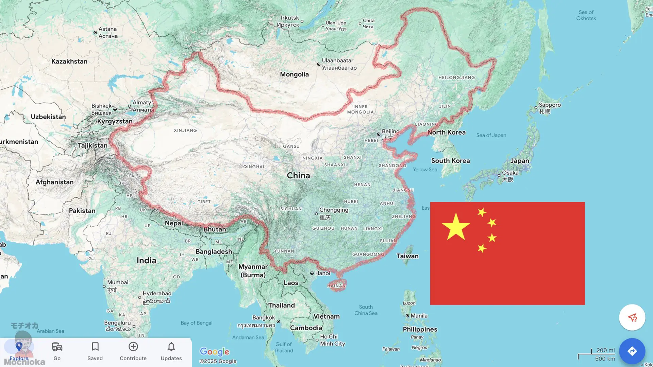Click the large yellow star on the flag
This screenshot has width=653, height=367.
click(456, 227)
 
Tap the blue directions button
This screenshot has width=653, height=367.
click(632, 351)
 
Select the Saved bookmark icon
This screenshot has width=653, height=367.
click(95, 347)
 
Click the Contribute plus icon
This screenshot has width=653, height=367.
click(133, 347)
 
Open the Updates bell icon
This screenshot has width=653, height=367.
click(171, 347)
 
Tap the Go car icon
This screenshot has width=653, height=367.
click(57, 347)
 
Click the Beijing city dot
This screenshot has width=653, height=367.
click(379, 134)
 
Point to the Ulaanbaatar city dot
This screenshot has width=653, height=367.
click(319, 64)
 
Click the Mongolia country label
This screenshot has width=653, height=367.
click(294, 74)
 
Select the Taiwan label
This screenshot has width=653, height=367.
click(407, 256)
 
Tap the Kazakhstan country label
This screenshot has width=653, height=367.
click(69, 62)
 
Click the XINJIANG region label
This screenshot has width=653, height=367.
click(185, 130)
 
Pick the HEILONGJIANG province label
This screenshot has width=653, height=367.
click(456, 77)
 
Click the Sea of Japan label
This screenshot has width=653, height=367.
click(491, 135)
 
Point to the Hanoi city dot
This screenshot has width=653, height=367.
click(312, 273)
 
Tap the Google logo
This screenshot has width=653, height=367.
click(214, 352)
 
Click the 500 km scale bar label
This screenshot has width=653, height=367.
click(605, 359)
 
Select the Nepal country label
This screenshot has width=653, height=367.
click(174, 223)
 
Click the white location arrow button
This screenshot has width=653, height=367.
click(632, 317)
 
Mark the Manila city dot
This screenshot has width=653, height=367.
click(407, 316)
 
